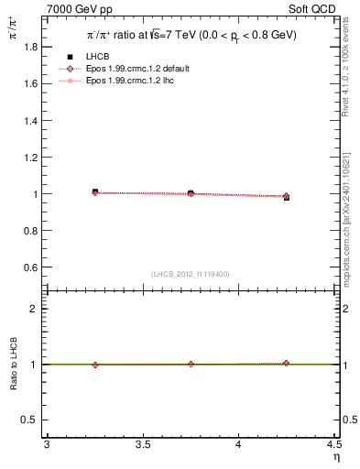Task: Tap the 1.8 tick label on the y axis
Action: pos(30,47)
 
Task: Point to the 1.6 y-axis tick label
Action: pos(30,83)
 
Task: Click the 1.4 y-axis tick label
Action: pos(30,120)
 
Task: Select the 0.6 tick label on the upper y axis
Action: pos(30,267)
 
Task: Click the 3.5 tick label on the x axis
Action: pos(142,445)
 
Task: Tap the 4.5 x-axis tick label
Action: pos(333,445)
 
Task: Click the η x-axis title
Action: pos(335,456)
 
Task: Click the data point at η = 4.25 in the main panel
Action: pos(286,196)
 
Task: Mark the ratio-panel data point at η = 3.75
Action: pos(191,364)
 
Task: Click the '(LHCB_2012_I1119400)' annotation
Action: pos(191,274)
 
